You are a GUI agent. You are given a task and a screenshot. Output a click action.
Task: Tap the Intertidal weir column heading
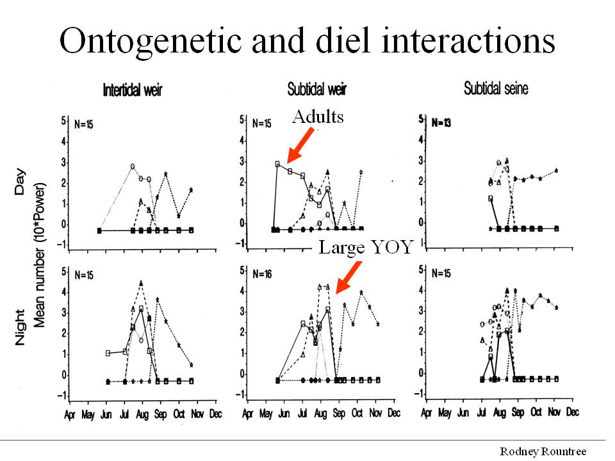pyautogui.click(x=133, y=90)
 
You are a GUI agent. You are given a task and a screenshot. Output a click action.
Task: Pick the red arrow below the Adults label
pyautogui.click(x=301, y=144)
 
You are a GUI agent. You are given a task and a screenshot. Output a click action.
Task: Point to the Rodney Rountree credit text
pyautogui.click(x=543, y=451)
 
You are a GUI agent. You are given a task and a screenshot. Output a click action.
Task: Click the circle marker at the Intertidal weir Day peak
pyautogui.click(x=133, y=166)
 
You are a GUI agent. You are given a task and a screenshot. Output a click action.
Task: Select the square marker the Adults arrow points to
pyautogui.click(x=277, y=164)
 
